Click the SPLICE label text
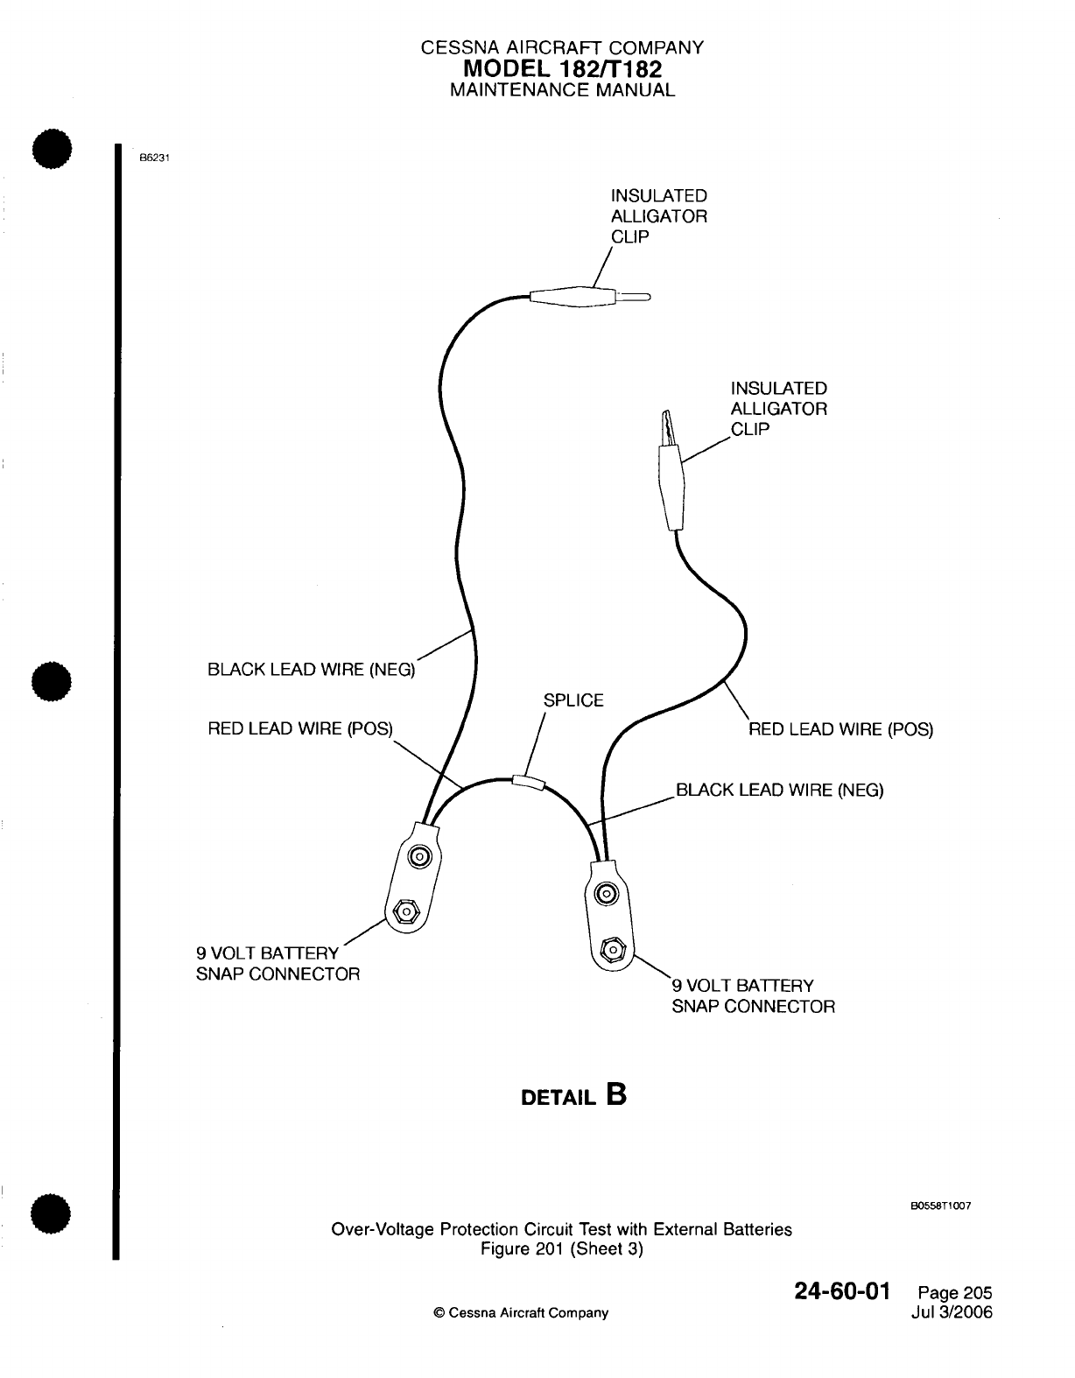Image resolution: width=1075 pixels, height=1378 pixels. [573, 700]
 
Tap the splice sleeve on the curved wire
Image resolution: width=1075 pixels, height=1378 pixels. [527, 780]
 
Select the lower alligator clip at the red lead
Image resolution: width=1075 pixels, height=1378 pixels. [672, 477]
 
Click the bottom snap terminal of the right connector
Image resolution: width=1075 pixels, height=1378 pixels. [614, 950]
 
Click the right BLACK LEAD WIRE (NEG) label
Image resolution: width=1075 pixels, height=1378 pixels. [779, 791]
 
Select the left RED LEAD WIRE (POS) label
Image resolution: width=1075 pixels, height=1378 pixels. [300, 728]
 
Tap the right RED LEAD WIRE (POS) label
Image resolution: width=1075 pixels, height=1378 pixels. [840, 729]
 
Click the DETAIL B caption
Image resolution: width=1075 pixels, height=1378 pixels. [573, 1096]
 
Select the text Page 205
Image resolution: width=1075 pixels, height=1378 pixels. [955, 1293]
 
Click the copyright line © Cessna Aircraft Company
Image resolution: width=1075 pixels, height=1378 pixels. [521, 1313]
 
